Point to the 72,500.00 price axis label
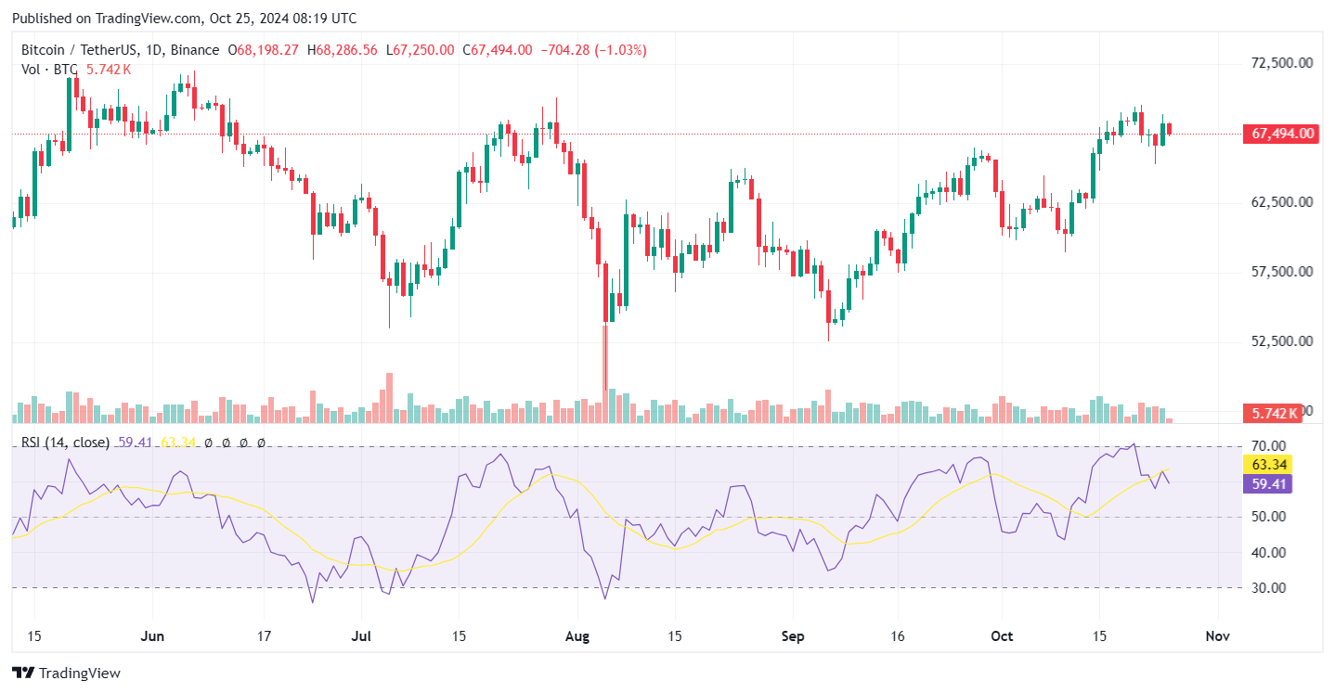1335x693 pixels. (1281, 63)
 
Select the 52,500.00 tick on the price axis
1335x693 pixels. (1281, 340)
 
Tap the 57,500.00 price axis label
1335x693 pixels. (1281, 272)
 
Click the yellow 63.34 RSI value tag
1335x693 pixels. (1267, 465)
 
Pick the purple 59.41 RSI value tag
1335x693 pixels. (1267, 484)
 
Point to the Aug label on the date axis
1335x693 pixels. (577, 636)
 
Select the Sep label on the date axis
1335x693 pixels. (792, 636)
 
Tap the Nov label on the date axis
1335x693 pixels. (1216, 636)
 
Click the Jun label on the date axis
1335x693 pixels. (152, 636)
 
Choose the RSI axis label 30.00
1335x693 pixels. (1267, 588)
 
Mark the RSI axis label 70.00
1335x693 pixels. (1267, 446)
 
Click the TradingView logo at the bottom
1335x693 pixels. (66, 673)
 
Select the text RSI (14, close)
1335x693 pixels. (65, 443)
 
